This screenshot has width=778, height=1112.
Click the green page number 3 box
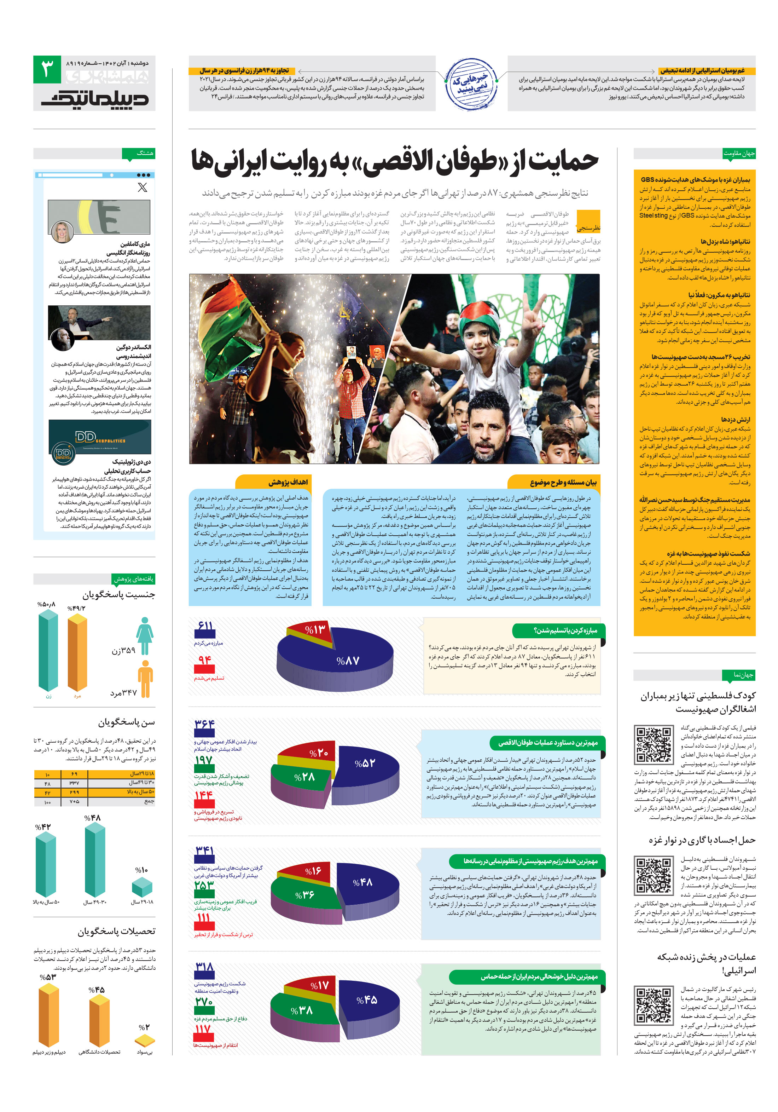pyautogui.click(x=47, y=69)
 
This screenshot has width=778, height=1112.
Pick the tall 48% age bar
pyautogui.click(x=95, y=861)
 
